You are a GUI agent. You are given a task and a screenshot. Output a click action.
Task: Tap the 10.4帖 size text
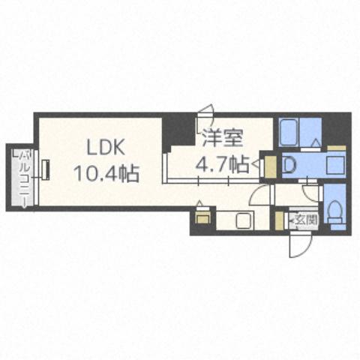tap(105, 174)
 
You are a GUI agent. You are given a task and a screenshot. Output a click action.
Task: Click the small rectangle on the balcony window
tap(45, 170)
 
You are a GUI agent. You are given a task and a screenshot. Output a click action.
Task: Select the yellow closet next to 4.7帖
tap(270, 165)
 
